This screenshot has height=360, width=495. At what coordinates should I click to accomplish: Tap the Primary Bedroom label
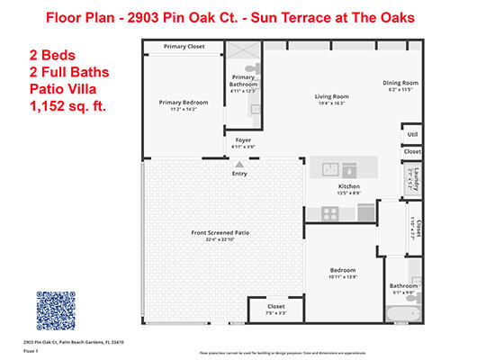point(184,103)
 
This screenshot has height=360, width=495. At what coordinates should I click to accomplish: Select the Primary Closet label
point(183,46)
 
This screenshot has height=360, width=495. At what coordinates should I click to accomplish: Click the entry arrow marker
point(238,165)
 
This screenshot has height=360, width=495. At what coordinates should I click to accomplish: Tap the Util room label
point(412,134)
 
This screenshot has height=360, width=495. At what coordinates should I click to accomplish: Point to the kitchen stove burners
point(328,213)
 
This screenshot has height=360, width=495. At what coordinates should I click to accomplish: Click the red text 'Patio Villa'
point(58,88)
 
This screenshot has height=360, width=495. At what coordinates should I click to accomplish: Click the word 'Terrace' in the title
point(299,18)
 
